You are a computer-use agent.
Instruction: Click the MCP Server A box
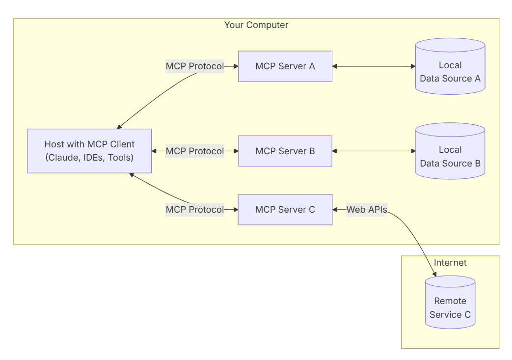click(285, 66)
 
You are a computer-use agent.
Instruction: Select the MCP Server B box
click(285, 151)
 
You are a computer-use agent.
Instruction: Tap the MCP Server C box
click(285, 210)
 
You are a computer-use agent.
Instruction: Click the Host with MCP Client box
click(89, 151)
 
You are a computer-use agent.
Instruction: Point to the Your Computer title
click(256, 25)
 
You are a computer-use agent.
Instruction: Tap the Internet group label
click(450, 263)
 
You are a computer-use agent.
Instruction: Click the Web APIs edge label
click(367, 210)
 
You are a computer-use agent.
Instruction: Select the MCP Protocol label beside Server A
click(195, 66)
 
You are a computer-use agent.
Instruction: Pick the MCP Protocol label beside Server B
click(195, 151)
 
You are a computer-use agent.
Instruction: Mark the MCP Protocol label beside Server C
click(195, 210)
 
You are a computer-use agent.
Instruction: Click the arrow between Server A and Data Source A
click(373, 66)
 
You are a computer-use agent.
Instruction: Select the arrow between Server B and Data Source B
click(373, 151)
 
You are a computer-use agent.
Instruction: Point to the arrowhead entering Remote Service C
click(434, 274)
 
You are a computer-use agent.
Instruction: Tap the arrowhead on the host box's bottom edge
click(132, 174)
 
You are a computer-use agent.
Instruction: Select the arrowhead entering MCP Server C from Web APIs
click(335, 210)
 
